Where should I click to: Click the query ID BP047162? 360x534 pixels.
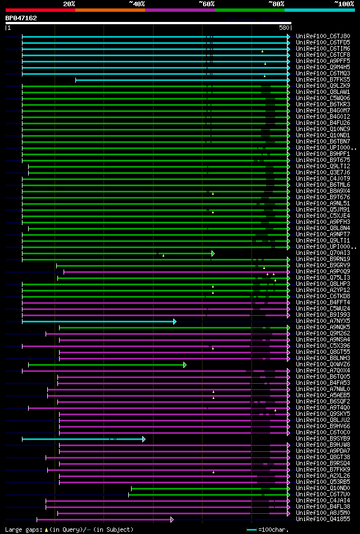pyautogui.click(x=21, y=18)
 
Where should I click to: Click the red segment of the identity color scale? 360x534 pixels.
pyautogui.click(x=40, y=10)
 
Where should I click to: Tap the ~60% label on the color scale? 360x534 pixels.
pyautogui.click(x=206, y=4)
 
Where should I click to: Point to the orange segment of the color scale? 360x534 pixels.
pyautogui.click(x=110, y=10)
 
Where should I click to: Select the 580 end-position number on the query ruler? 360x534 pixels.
pyautogui.click(x=283, y=28)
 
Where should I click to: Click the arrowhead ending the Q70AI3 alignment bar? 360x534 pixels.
pyautogui.click(x=213, y=254)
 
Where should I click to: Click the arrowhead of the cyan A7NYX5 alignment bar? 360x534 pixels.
pyautogui.click(x=175, y=321)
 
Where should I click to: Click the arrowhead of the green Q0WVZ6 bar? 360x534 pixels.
pyautogui.click(x=184, y=365)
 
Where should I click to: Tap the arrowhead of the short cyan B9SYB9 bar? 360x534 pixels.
pyautogui.click(x=144, y=439)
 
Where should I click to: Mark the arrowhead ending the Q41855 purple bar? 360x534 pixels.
pyautogui.click(x=172, y=519)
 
